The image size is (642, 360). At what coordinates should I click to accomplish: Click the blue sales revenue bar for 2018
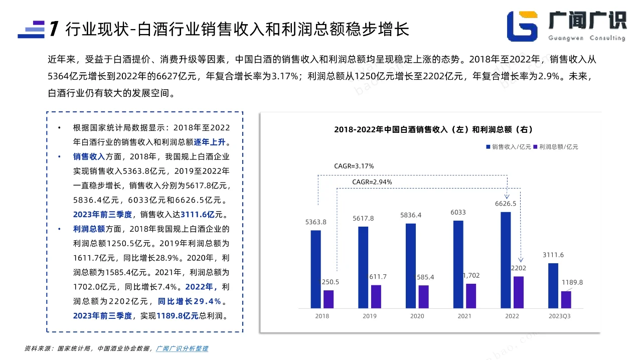pyautogui.click(x=315, y=269)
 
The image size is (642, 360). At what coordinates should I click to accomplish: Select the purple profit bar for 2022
pyautogui.click(x=518, y=292)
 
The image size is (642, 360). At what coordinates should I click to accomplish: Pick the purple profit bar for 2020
pyautogui.click(x=423, y=296)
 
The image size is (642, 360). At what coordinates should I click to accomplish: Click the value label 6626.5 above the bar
pyautogui.click(x=505, y=204)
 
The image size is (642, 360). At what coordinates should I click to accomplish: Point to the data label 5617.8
pyautogui.click(x=364, y=219)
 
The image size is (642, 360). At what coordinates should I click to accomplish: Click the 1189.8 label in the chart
pyautogui.click(x=572, y=282)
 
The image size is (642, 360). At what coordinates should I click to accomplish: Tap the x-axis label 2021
pyautogui.click(x=464, y=316)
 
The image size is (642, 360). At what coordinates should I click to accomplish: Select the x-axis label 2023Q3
pyautogui.click(x=559, y=316)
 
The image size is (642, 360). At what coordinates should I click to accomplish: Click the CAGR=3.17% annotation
pyautogui.click(x=354, y=166)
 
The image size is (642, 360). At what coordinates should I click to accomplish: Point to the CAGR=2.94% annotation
pyautogui.click(x=372, y=182)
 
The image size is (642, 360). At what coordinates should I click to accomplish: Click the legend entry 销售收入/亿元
pyautogui.click(x=508, y=147)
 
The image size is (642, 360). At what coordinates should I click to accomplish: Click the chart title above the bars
pyautogui.click(x=433, y=130)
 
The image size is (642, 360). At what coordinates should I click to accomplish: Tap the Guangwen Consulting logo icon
pyautogui.click(x=522, y=26)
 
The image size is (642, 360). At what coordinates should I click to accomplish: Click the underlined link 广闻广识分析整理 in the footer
pyautogui.click(x=182, y=348)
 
